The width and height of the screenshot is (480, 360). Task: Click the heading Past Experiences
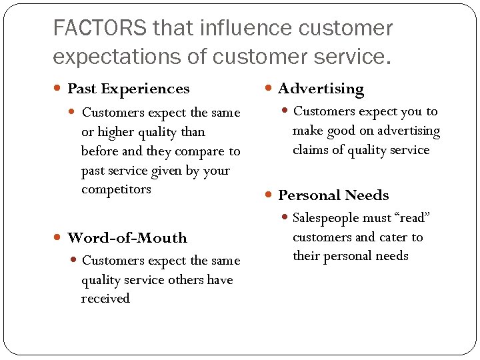129,89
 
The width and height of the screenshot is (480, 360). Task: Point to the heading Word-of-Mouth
127,238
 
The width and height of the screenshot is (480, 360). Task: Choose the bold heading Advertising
321,89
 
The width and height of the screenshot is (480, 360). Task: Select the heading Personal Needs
333,195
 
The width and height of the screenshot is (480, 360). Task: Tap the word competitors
116,189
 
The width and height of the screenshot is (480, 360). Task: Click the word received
105,299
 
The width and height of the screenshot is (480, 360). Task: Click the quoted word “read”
412,218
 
